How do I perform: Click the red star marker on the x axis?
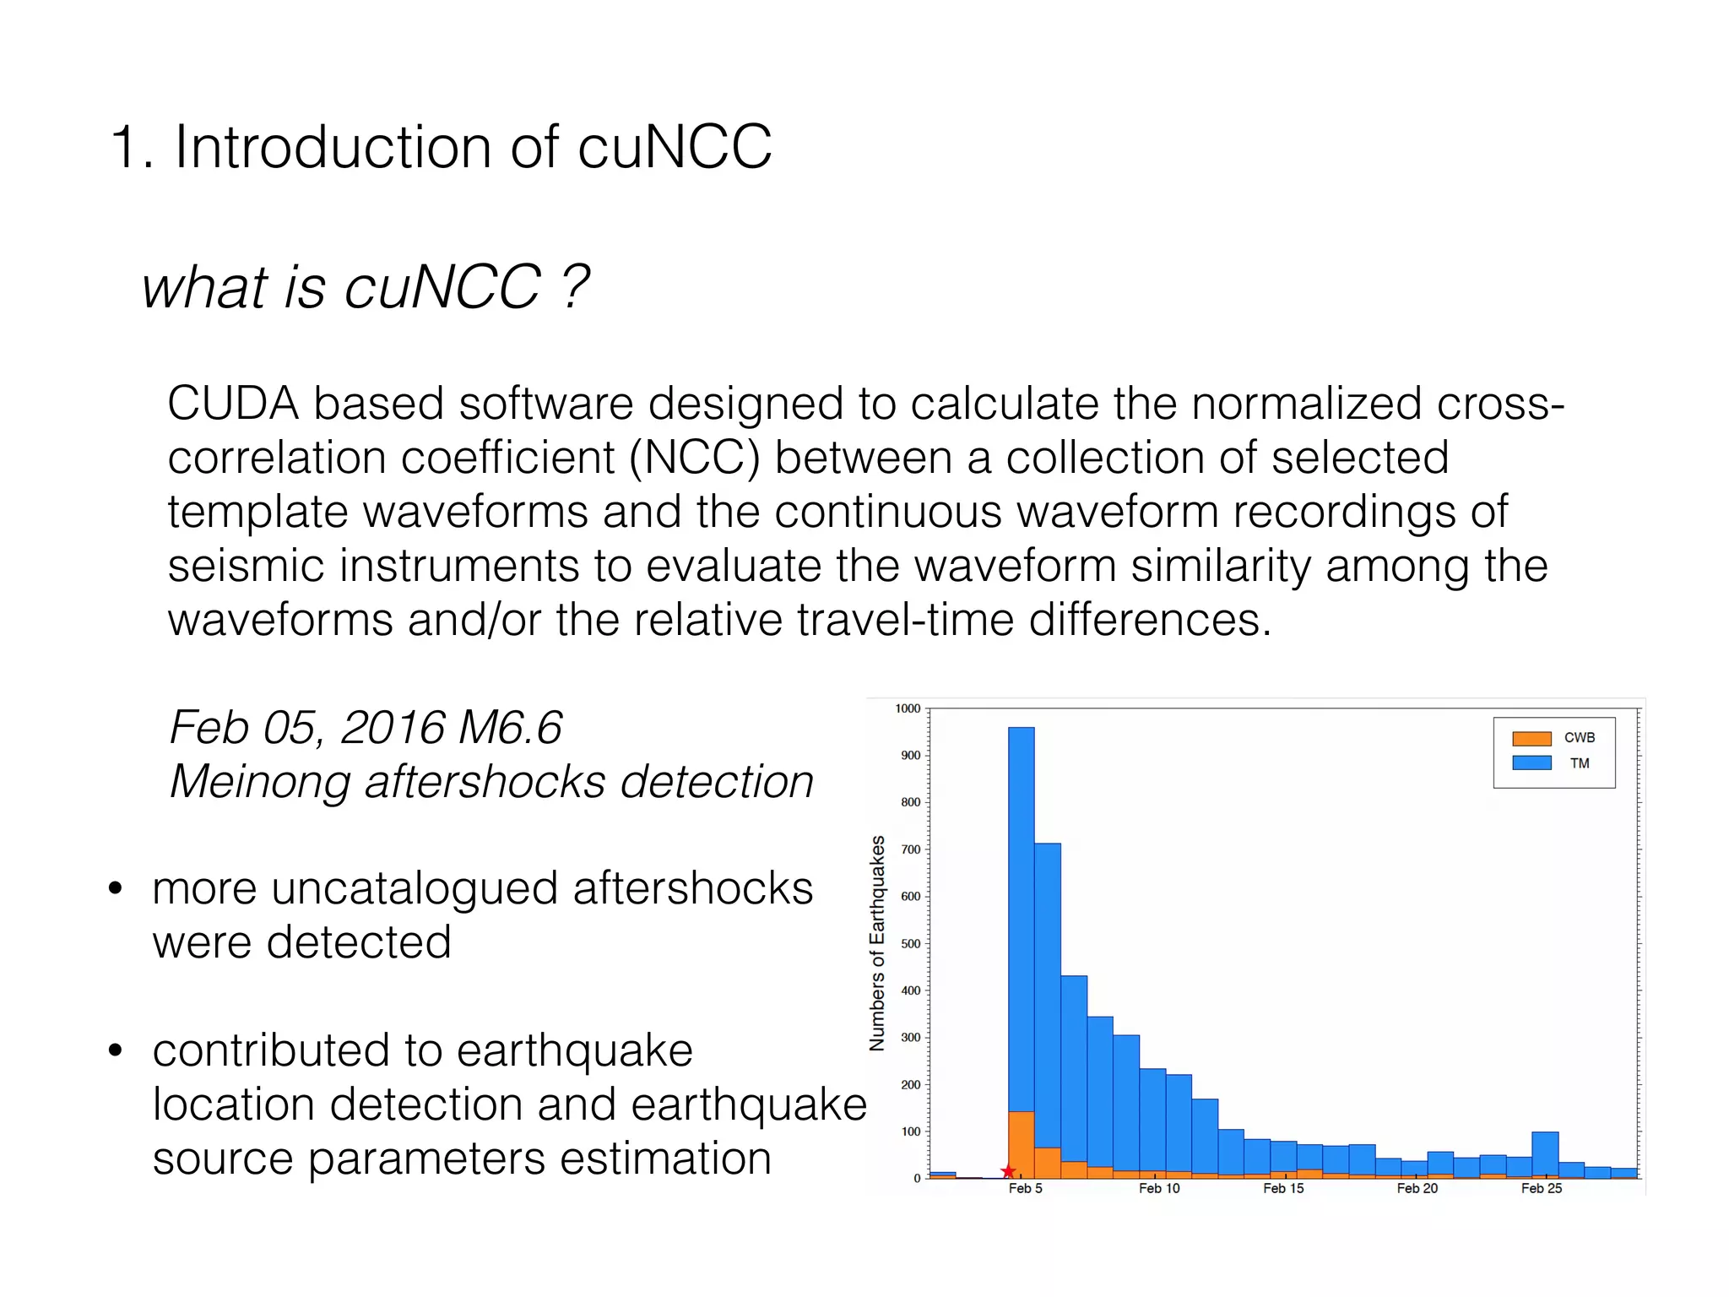click(x=1007, y=1171)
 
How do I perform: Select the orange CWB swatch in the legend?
click(x=1531, y=738)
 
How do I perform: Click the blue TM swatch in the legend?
click(x=1531, y=762)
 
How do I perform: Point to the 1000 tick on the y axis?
click(x=908, y=708)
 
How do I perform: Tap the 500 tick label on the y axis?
click(x=910, y=943)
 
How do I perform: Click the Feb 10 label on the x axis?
click(x=1158, y=1188)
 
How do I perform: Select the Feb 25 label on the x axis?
click(x=1541, y=1188)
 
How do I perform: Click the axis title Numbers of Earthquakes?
click(x=877, y=942)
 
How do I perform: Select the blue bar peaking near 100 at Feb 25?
click(x=1545, y=1153)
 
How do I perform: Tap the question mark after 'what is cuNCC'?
click(x=576, y=287)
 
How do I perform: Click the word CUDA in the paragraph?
click(x=232, y=404)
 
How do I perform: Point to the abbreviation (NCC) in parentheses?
click(x=694, y=458)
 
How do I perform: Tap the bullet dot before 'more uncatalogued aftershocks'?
click(x=116, y=888)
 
